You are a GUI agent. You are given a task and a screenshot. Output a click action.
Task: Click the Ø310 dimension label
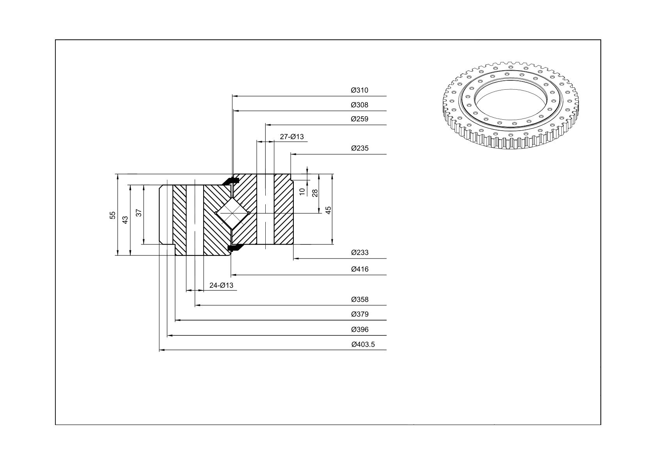coord(359,90)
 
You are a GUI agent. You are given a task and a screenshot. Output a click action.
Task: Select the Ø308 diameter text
coord(359,105)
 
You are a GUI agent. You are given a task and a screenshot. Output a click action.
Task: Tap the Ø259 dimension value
coord(359,119)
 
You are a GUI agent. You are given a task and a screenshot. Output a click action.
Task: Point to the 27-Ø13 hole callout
coord(292,137)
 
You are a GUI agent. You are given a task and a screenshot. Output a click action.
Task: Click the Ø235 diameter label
coord(360,148)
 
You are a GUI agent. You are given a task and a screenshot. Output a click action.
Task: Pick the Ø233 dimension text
coord(360,253)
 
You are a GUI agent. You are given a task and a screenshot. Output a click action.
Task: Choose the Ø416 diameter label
coord(360,269)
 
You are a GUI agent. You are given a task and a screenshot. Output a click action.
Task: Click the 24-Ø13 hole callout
coord(222,285)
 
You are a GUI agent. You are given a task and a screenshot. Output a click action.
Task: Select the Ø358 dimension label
coord(360,299)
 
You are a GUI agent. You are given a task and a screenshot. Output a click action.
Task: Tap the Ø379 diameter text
coord(360,315)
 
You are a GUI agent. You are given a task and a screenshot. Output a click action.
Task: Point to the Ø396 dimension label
coord(360,330)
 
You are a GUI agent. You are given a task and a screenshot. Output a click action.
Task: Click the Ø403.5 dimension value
coord(363,345)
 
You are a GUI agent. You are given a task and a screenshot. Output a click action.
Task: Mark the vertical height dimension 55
coord(113,216)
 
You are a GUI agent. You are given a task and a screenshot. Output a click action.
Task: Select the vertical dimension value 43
coord(125,220)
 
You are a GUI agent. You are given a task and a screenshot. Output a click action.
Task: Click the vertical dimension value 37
coord(139,213)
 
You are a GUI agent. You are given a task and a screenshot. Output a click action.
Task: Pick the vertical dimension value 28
coord(315,193)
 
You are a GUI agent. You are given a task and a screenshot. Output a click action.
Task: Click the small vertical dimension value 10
coord(302,192)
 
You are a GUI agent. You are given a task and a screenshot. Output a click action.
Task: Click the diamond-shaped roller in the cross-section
coord(232,213)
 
